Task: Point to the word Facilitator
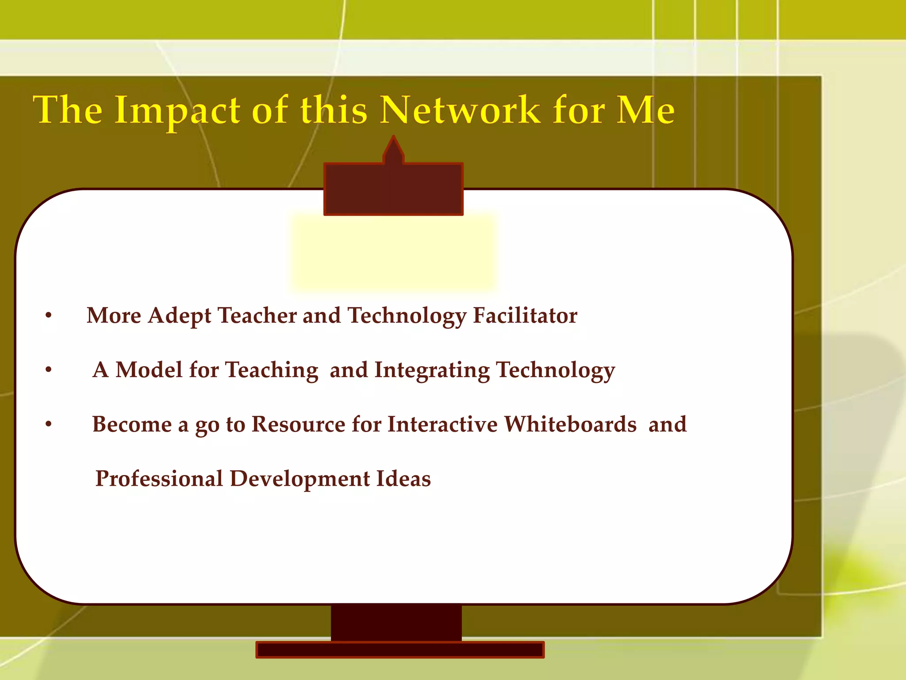point(525,316)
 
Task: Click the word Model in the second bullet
point(149,370)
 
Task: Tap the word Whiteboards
point(570,424)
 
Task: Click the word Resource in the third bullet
point(299,424)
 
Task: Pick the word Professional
point(159,479)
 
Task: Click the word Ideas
point(403,479)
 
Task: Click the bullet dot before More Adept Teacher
point(49,316)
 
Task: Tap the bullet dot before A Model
point(49,370)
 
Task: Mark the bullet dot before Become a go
point(49,425)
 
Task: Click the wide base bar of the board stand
point(400,649)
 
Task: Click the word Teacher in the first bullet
point(257,316)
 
